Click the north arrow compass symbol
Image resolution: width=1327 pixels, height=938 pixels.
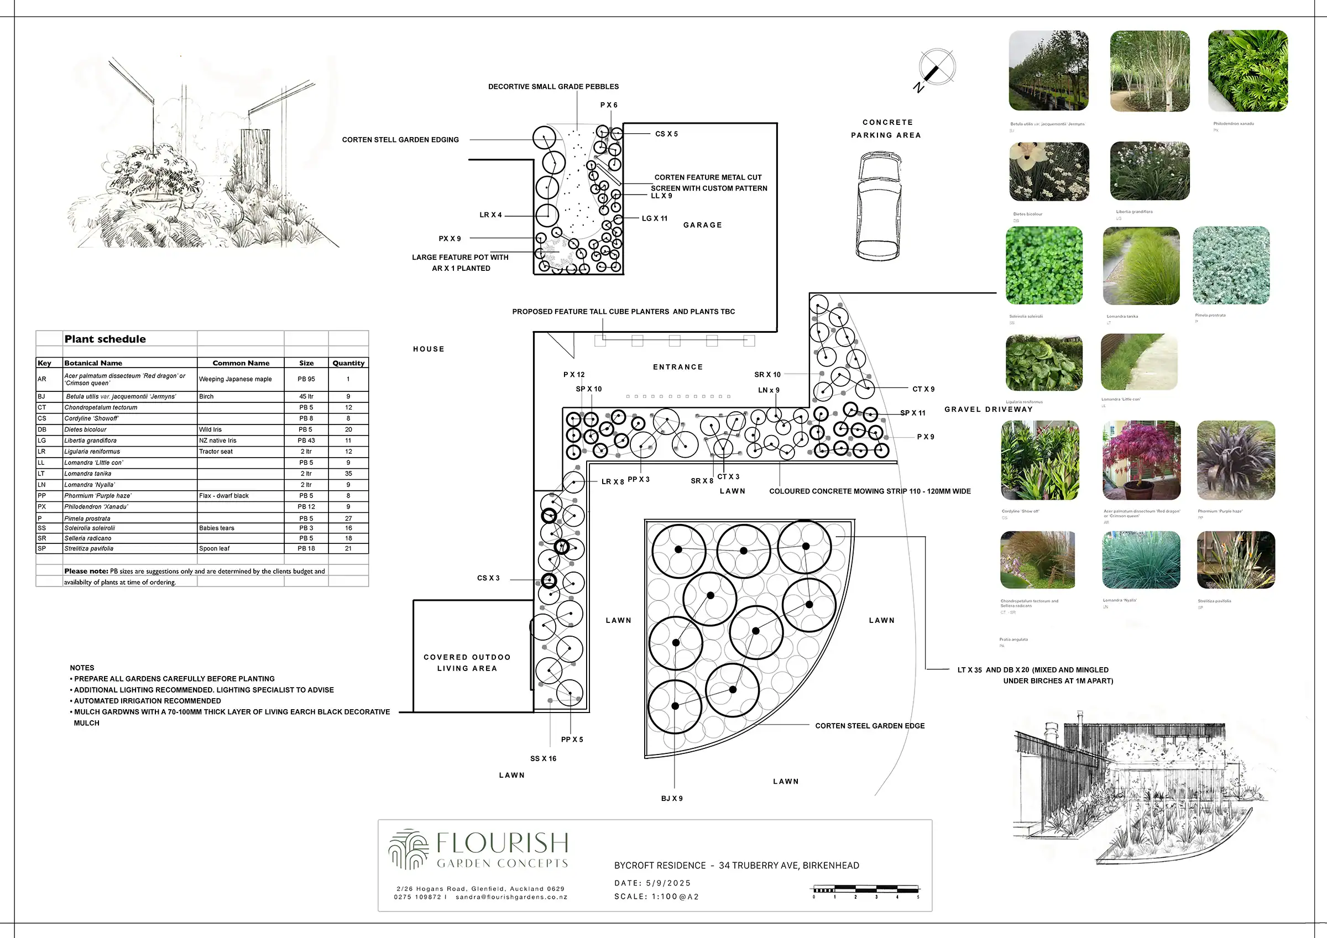coord(936,68)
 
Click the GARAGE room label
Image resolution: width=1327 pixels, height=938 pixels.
coord(702,225)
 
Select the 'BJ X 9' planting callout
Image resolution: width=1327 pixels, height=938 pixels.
coord(672,798)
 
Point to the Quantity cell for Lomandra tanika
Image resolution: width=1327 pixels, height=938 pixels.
coord(348,473)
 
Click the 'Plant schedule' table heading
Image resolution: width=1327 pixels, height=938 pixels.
coord(105,339)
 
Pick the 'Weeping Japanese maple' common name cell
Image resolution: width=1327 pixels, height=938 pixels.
coord(235,379)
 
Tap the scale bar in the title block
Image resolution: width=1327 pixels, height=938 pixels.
coord(866,890)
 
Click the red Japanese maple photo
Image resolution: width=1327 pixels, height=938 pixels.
coord(1141,460)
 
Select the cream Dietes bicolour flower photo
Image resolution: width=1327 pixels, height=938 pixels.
coord(1048,172)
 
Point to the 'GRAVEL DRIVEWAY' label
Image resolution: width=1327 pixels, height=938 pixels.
coord(988,409)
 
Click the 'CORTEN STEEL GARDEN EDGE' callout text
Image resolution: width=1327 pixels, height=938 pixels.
coord(869,726)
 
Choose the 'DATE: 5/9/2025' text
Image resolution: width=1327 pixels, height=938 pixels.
coord(652,883)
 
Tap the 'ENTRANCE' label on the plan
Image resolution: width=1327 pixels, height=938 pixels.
coord(678,367)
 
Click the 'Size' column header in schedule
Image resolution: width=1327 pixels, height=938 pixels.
coord(306,363)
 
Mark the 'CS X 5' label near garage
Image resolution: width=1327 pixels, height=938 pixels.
coord(666,134)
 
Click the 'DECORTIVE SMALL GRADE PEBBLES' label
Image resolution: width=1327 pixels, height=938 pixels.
coord(553,87)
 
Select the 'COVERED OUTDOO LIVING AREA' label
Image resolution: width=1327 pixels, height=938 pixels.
coord(467,663)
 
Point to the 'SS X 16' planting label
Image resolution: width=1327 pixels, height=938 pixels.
coord(544,758)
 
